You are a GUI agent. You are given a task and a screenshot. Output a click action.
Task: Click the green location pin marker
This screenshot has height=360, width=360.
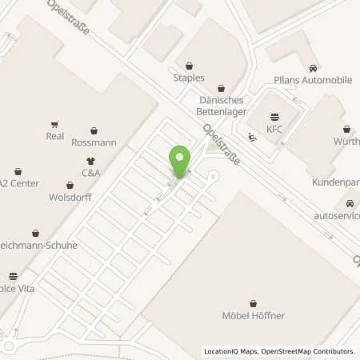point(181,161)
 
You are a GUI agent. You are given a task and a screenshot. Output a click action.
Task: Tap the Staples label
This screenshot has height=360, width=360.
point(189,78)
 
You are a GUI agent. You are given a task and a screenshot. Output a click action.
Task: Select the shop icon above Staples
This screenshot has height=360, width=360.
point(189,66)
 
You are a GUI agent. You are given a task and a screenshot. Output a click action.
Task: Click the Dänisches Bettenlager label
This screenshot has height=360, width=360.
point(221,101)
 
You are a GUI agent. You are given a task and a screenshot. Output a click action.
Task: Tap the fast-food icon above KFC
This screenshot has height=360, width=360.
point(276,116)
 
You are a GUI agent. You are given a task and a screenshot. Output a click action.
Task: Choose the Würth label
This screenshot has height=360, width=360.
point(346,141)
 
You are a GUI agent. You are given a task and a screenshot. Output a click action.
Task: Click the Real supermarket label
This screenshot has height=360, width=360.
point(54,137)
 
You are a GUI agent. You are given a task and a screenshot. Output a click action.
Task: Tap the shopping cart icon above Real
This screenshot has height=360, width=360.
point(54,124)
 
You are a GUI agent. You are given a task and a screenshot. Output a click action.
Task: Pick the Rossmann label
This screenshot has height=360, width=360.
point(94,143)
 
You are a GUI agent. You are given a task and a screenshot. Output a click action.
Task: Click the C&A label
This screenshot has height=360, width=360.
point(90,172)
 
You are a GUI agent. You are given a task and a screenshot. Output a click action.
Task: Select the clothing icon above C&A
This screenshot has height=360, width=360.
point(90,160)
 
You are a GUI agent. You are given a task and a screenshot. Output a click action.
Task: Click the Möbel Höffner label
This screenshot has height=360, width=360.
point(253,315)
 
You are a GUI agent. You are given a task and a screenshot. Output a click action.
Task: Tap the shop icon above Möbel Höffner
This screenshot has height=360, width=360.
point(253,302)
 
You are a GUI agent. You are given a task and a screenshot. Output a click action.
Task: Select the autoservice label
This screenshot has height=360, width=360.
point(336,216)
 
